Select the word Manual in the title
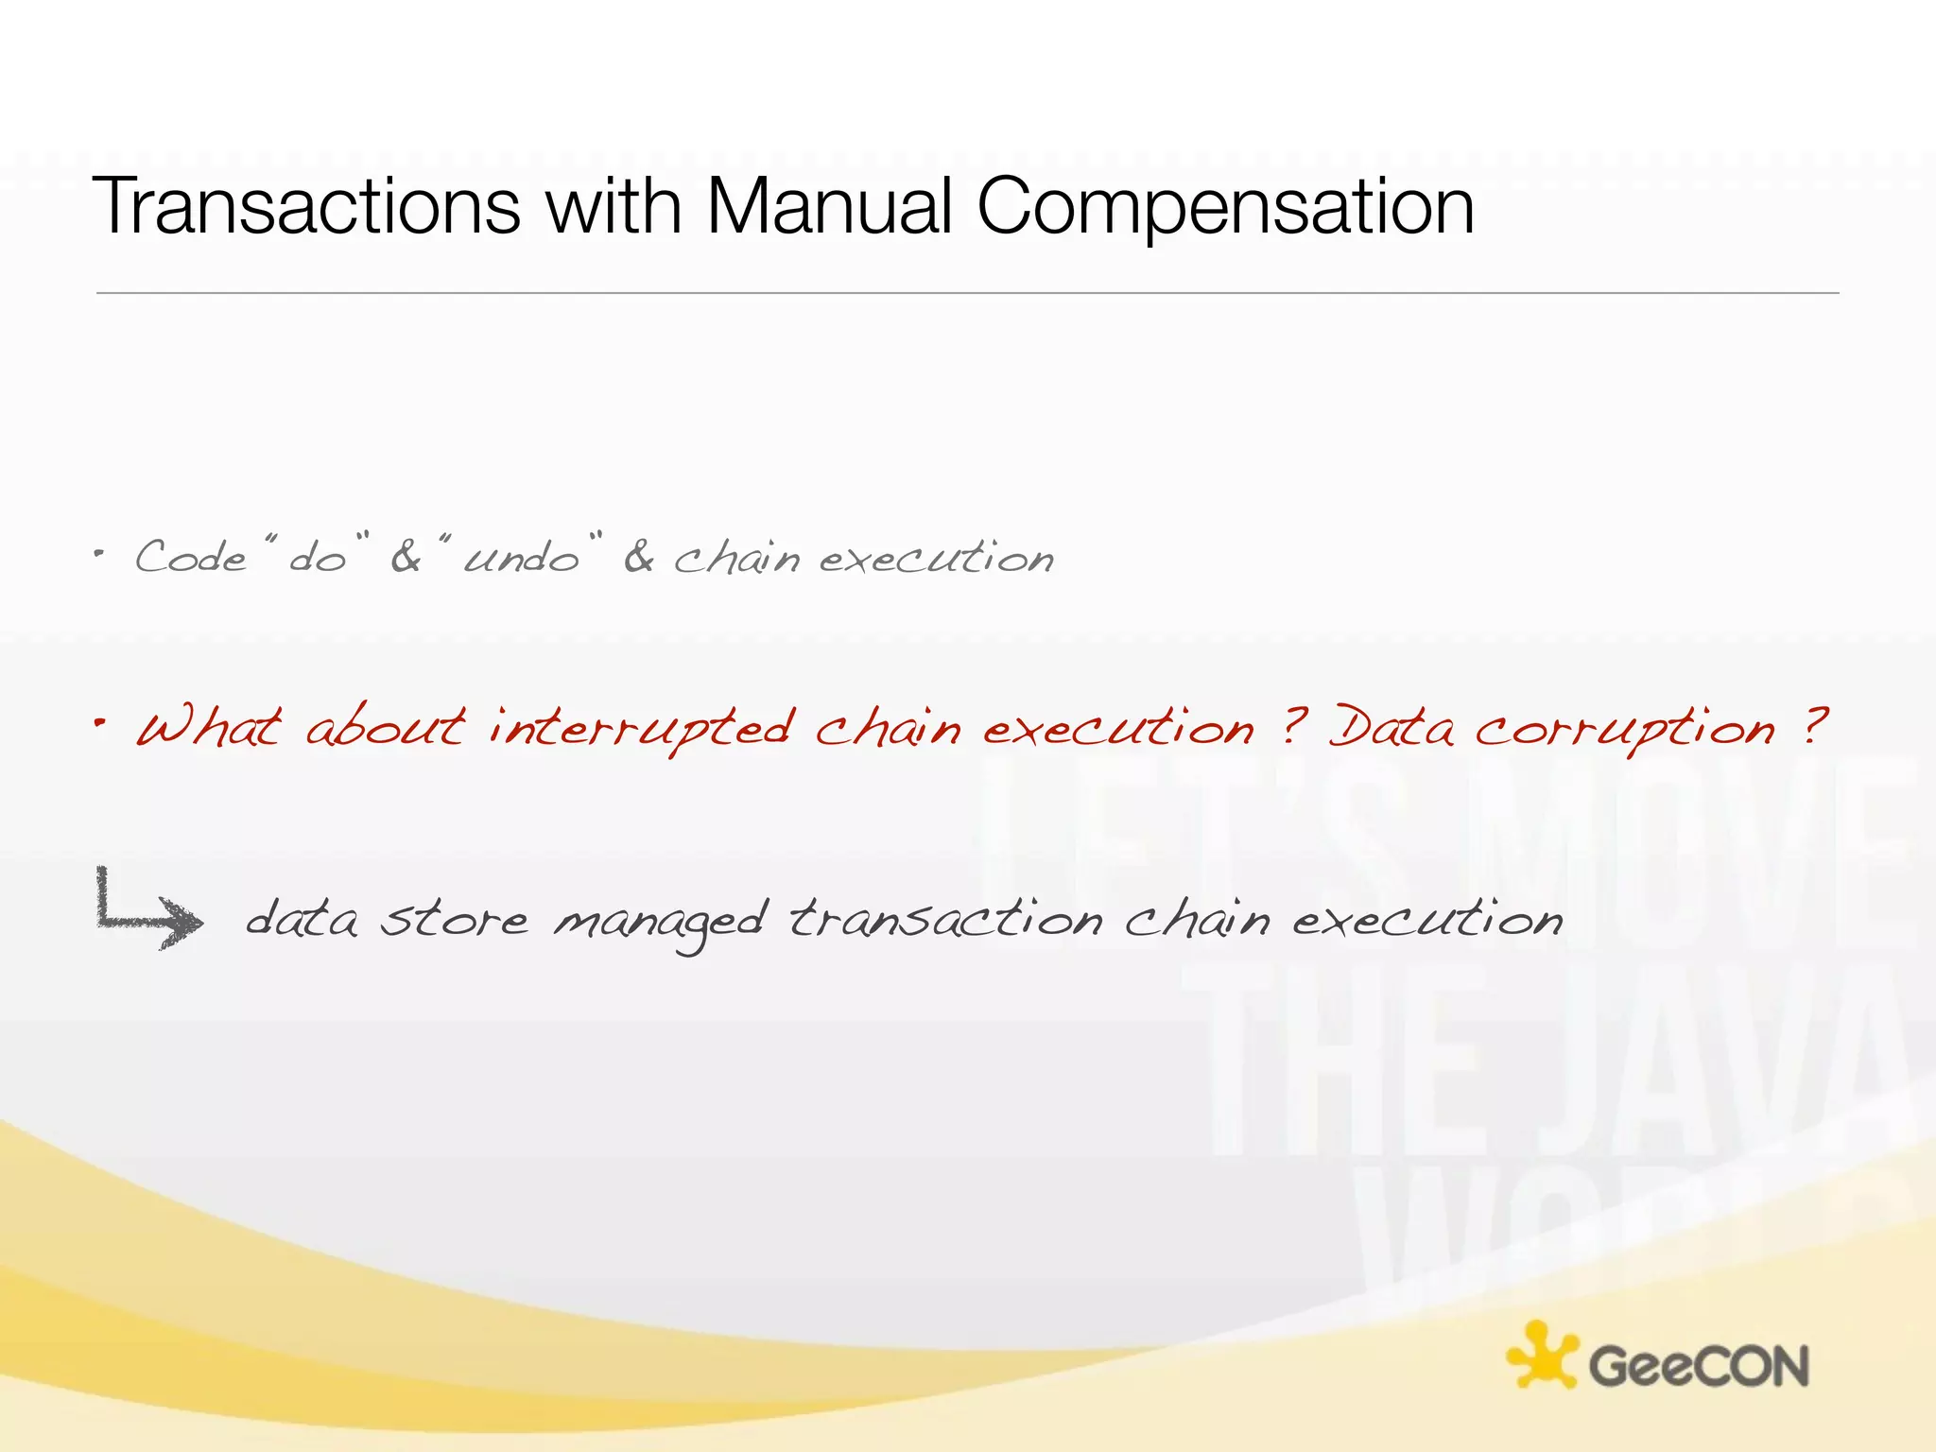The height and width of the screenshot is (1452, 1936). (x=828, y=206)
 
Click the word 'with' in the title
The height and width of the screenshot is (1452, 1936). (x=614, y=206)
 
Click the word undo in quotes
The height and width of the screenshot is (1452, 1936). (x=521, y=558)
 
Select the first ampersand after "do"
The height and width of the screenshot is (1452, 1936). (x=405, y=557)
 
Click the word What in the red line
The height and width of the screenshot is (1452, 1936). (x=209, y=728)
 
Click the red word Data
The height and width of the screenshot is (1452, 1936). (x=1391, y=728)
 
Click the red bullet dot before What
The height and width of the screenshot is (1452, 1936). (x=99, y=723)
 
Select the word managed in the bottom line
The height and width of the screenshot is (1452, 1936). (x=659, y=922)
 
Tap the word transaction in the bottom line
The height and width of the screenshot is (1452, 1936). (x=945, y=919)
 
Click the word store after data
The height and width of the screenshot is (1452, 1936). (x=454, y=919)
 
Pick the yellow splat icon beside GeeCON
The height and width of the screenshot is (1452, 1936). (x=1541, y=1355)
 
